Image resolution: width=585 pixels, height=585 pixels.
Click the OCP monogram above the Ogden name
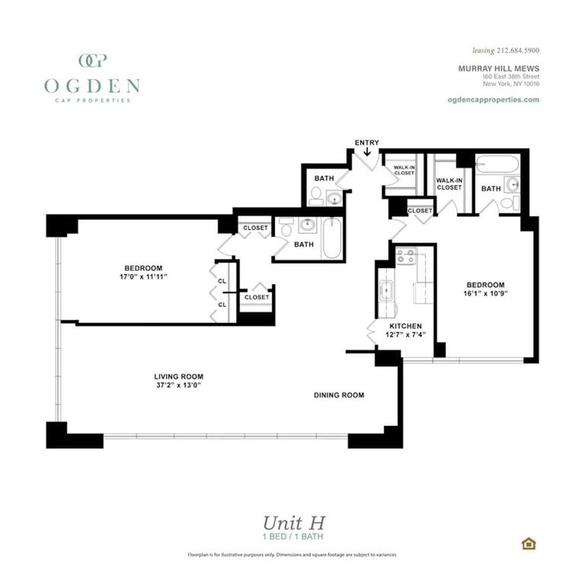[92, 60]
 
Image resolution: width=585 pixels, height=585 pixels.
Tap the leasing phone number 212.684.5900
[518, 50]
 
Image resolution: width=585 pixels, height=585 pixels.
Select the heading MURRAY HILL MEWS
[498, 69]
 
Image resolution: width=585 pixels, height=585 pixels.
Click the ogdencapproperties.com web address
[493, 99]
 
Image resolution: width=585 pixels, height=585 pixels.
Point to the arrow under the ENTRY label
[367, 152]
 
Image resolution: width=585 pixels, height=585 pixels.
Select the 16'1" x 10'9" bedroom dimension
[485, 293]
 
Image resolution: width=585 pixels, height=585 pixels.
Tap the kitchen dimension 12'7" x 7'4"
[405, 335]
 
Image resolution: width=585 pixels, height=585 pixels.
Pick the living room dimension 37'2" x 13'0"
[178, 385]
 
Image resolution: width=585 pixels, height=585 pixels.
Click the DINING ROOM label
[339, 395]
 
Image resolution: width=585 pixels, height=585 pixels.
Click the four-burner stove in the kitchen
[405, 256]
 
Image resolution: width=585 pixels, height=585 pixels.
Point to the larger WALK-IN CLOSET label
[449, 184]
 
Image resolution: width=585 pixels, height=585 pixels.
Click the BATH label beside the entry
[324, 178]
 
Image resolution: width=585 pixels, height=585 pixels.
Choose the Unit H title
[293, 523]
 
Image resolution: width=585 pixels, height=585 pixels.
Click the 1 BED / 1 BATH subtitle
[292, 537]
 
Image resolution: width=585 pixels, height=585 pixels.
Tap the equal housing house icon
[528, 543]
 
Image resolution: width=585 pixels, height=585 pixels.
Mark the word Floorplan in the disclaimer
[198, 555]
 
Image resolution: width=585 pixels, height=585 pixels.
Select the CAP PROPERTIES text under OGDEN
[92, 100]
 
